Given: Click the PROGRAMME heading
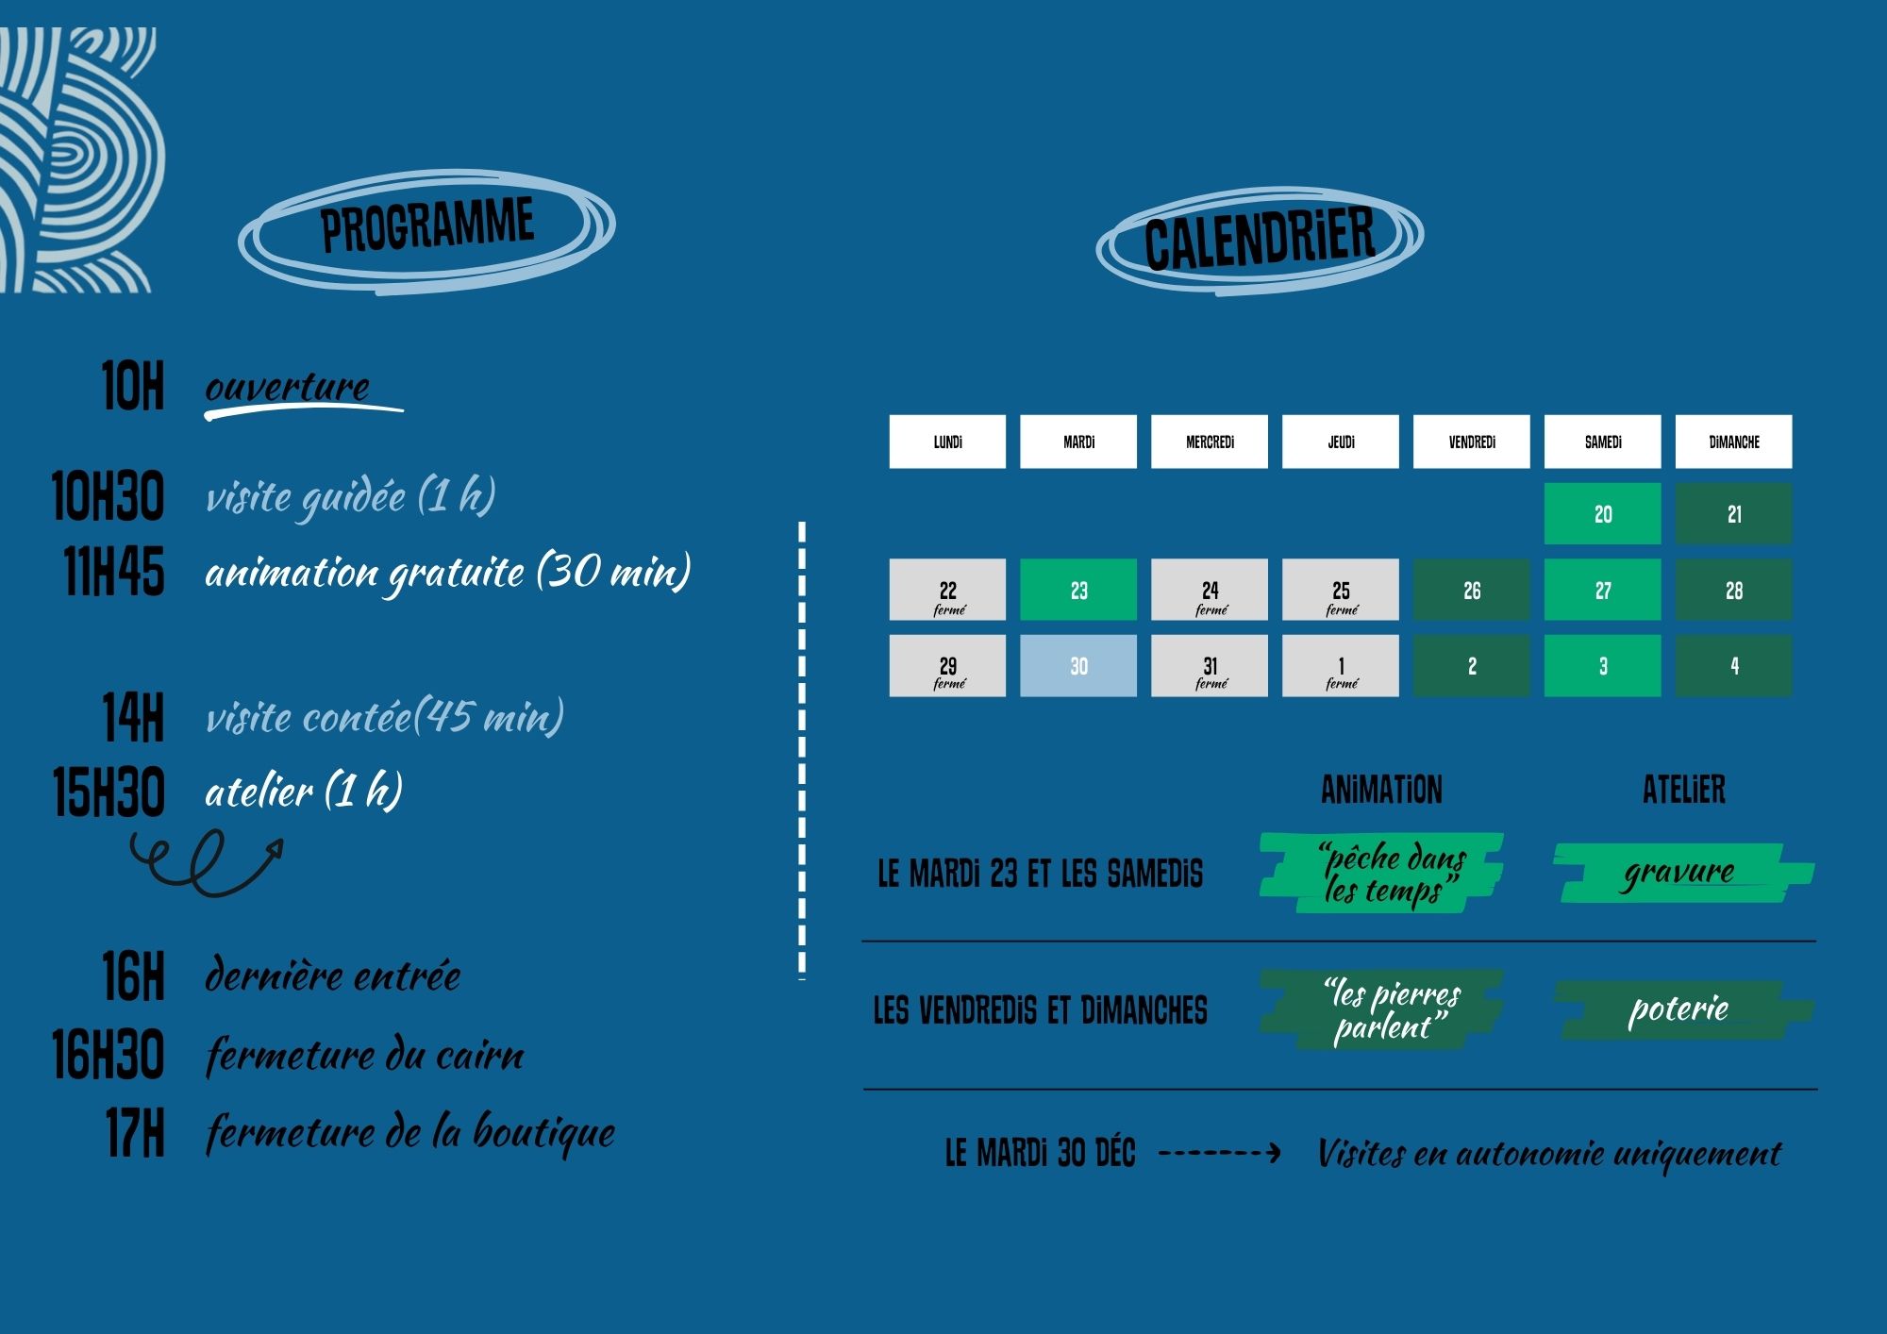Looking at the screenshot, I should click(426, 225).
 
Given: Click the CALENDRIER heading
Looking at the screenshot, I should click(1260, 239).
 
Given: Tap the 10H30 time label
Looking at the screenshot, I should click(108, 497).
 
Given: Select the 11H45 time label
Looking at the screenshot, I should click(114, 573).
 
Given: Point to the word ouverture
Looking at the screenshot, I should click(288, 388).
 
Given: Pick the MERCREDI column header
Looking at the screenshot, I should click(1210, 442).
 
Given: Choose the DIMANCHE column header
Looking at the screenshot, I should click(1733, 442).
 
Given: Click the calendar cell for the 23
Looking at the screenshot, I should click(1078, 590).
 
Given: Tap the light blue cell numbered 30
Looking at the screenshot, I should click(1078, 666).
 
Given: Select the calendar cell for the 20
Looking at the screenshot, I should click(1602, 514).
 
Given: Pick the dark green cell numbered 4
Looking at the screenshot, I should click(1733, 666).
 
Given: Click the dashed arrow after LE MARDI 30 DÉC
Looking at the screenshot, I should click(1219, 1152).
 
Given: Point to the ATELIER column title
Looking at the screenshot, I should click(1683, 791).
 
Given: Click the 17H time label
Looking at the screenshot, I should click(135, 1133).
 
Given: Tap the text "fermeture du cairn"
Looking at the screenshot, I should click(364, 1055).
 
